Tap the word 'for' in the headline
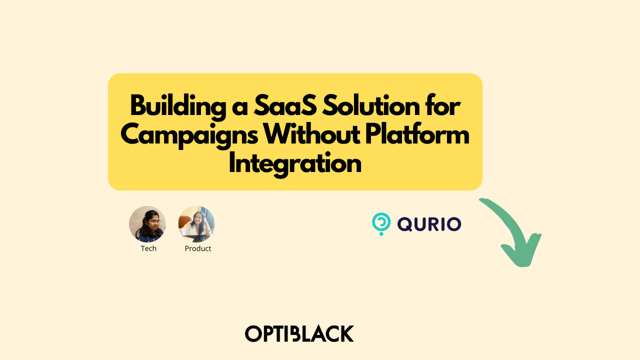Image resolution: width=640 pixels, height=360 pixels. pyautogui.click(x=445, y=106)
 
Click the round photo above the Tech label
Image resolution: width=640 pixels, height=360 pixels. pyautogui.click(x=147, y=224)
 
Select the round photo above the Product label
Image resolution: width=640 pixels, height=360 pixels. pyautogui.click(x=196, y=224)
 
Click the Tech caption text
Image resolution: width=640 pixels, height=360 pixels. pyautogui.click(x=148, y=248)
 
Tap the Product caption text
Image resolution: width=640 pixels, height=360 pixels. pyautogui.click(x=198, y=248)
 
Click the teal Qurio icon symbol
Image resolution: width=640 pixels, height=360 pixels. pyautogui.click(x=381, y=223)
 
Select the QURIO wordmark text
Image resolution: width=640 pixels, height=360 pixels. pyautogui.click(x=429, y=224)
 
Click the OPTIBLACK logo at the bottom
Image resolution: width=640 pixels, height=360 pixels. pyautogui.click(x=299, y=333)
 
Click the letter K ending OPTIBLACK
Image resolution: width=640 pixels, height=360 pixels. pyautogui.click(x=346, y=333)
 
